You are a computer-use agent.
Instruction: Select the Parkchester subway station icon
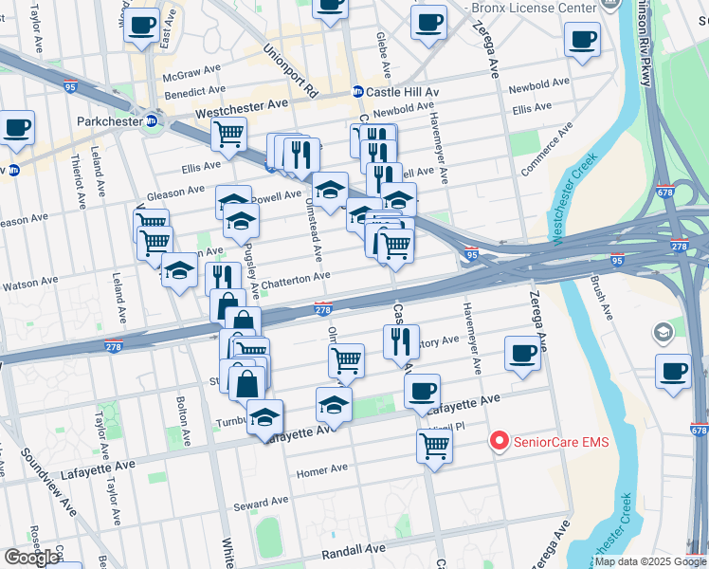pos(151,120)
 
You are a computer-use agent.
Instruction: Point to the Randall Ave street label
pos(354,549)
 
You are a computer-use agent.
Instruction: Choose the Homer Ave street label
pos(324,469)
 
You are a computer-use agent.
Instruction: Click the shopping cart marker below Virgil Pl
pos(434,445)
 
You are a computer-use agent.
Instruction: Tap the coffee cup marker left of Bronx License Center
pos(428,20)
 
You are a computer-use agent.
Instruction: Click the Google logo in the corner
pos(32,557)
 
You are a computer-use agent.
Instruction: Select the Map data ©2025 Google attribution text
pos(650,562)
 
